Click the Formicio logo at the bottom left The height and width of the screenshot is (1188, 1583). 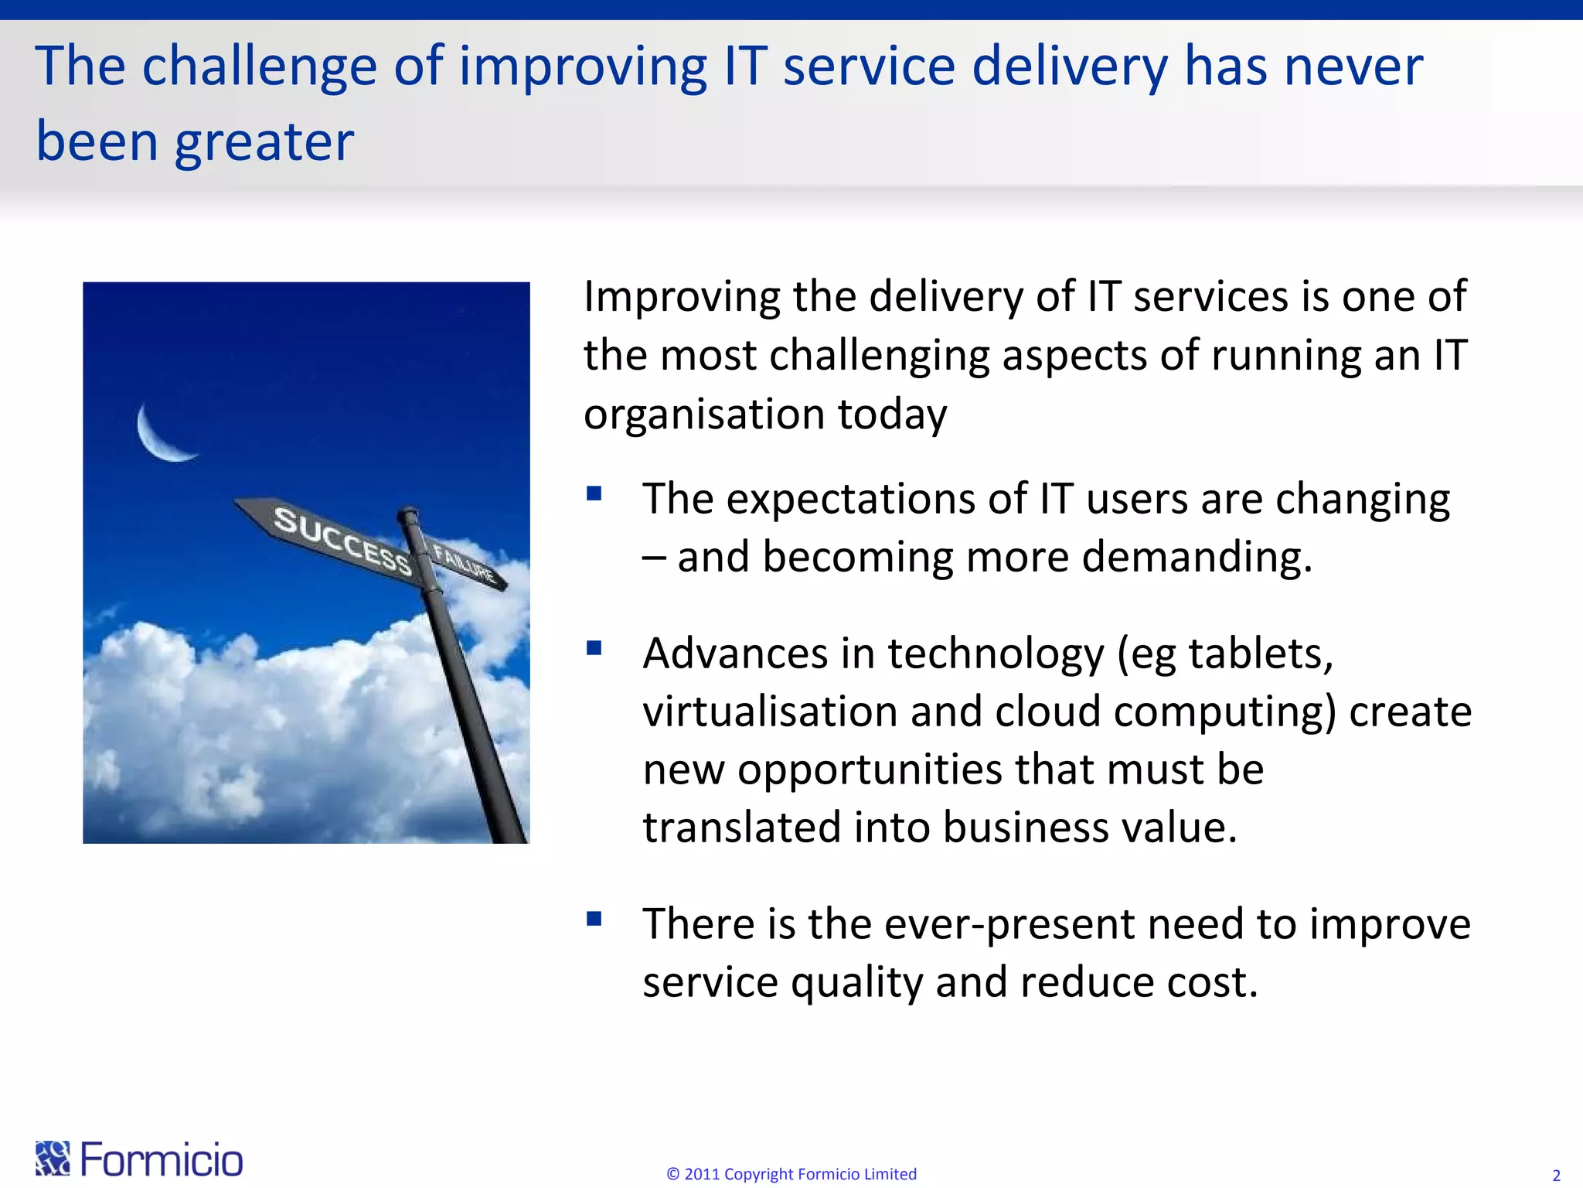(139, 1159)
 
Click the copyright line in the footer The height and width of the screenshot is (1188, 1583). (791, 1174)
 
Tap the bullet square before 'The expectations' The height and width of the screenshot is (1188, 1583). (594, 493)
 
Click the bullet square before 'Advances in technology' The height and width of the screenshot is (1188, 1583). (594, 648)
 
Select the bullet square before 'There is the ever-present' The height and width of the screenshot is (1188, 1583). (594, 919)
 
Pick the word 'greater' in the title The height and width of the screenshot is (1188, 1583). (264, 143)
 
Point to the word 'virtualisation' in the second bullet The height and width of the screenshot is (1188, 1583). (770, 712)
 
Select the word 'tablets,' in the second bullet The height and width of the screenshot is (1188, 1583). (1261, 654)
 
